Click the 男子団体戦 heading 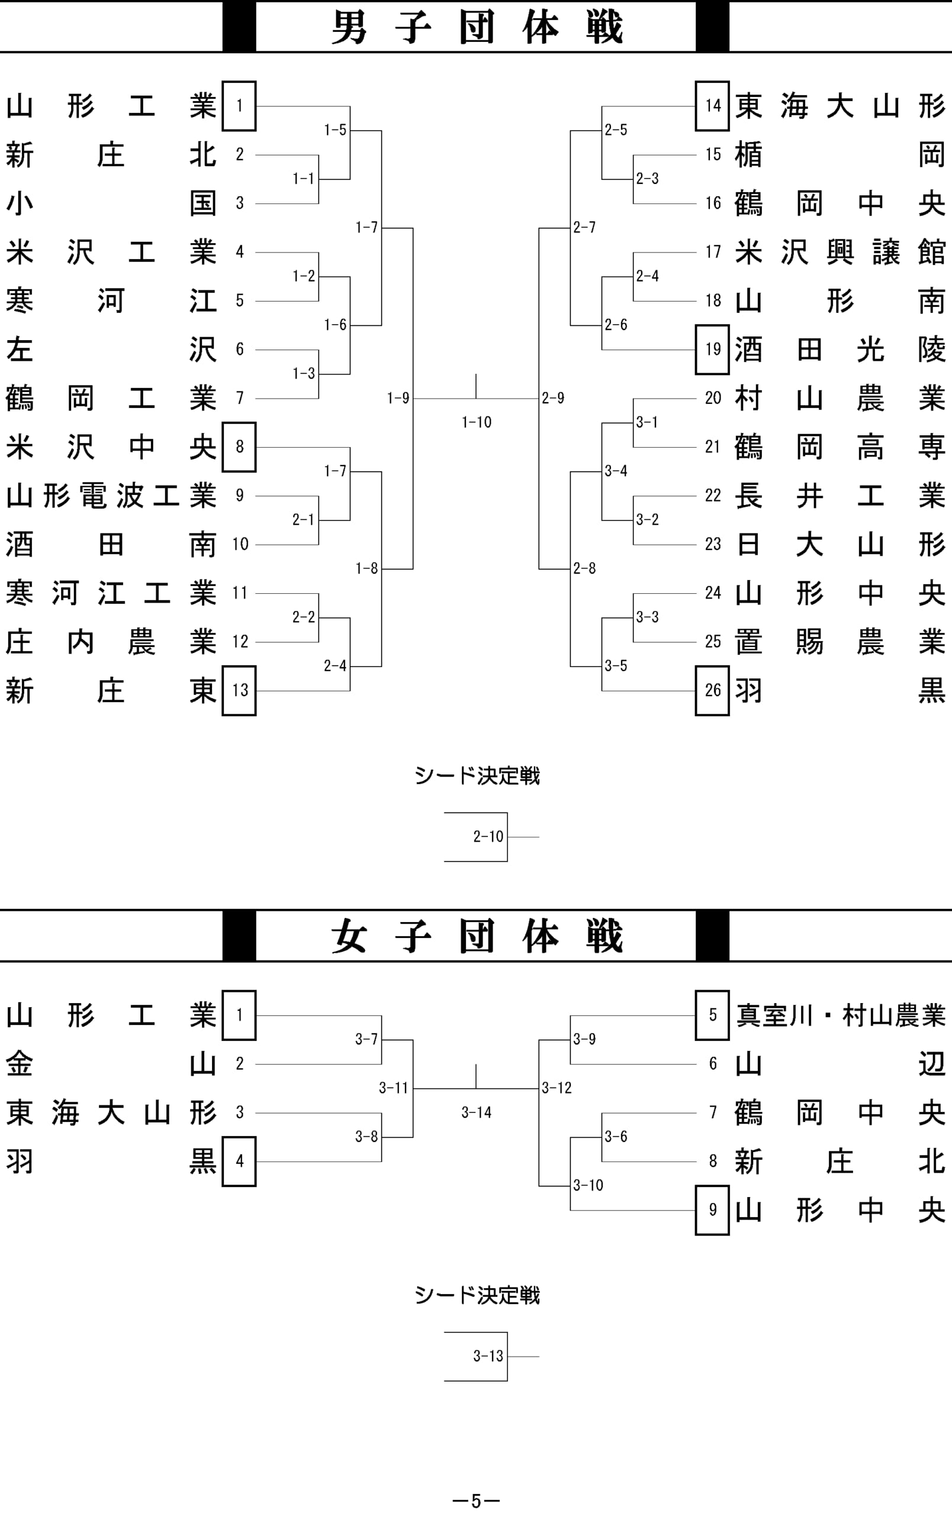coord(477,27)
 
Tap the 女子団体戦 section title coord(477,936)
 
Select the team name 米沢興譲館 coord(840,252)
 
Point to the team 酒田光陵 coord(840,350)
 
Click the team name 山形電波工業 coord(111,496)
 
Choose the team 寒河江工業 coord(111,594)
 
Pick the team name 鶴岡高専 coord(840,447)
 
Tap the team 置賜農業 coord(840,642)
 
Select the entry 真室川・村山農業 coord(841,1015)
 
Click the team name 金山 coord(111,1064)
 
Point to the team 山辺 coord(840,1064)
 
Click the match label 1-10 coord(477,422)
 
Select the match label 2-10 coord(488,836)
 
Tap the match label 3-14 coord(477,1112)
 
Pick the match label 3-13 coord(488,1356)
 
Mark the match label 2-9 coord(553,397)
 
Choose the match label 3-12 coord(557,1088)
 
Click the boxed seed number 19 coord(712,350)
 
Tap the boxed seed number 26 coord(712,690)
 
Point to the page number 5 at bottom coord(477,1501)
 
